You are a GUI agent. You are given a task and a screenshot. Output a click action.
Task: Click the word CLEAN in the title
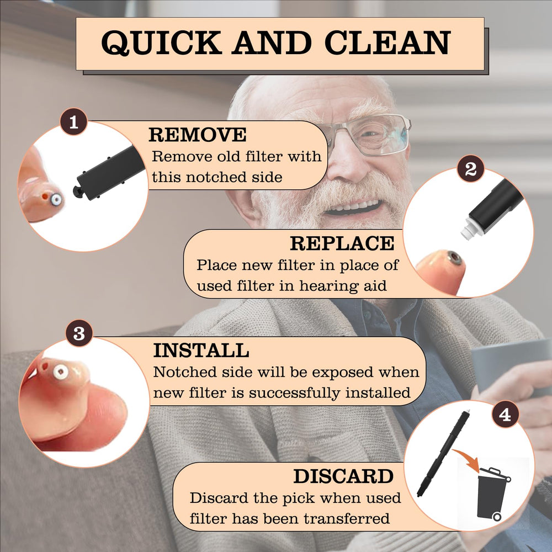(x=388, y=43)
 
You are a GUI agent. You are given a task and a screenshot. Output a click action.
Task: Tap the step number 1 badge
(x=73, y=122)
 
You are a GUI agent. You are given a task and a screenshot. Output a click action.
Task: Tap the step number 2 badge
(x=471, y=168)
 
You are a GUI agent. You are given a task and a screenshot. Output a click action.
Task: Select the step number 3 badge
(x=79, y=333)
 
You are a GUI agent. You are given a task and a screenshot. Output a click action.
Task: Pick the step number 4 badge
(x=505, y=415)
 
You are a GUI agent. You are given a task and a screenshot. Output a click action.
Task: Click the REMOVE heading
(x=198, y=135)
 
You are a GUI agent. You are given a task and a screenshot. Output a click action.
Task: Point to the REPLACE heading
(x=342, y=243)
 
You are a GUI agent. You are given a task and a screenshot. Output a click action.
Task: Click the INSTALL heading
(x=201, y=351)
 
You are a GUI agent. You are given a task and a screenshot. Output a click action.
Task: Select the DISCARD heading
(x=343, y=476)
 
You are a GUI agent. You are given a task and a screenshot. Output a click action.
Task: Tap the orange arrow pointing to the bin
(x=467, y=459)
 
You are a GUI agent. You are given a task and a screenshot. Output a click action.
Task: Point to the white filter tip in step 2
(x=469, y=229)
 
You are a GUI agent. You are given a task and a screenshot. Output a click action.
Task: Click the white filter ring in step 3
(x=60, y=371)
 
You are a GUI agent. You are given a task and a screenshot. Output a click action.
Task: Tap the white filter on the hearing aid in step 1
(x=56, y=200)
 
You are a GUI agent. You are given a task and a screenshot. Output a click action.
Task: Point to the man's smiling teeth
(x=353, y=206)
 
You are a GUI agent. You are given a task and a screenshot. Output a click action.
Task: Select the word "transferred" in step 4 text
(x=347, y=518)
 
